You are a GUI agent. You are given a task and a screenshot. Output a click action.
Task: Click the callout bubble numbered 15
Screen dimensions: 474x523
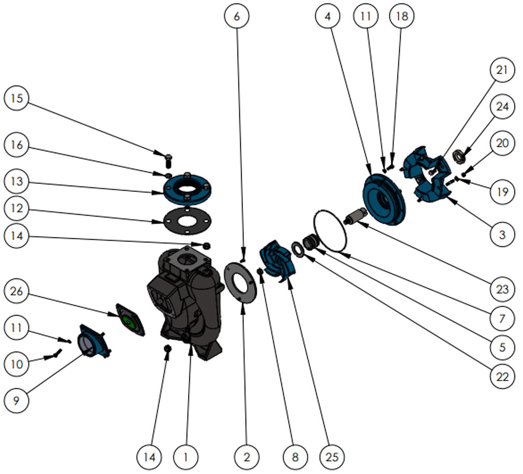pyautogui.click(x=17, y=98)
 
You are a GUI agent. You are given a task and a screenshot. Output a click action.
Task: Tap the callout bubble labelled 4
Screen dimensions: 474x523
pyautogui.click(x=328, y=17)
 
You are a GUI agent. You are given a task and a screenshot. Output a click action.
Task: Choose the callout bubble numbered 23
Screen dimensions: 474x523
pyautogui.click(x=502, y=289)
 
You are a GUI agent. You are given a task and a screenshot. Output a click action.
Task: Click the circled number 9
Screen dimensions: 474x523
pyautogui.click(x=17, y=400)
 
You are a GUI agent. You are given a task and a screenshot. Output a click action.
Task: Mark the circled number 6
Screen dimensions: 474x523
pyautogui.click(x=236, y=17)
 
